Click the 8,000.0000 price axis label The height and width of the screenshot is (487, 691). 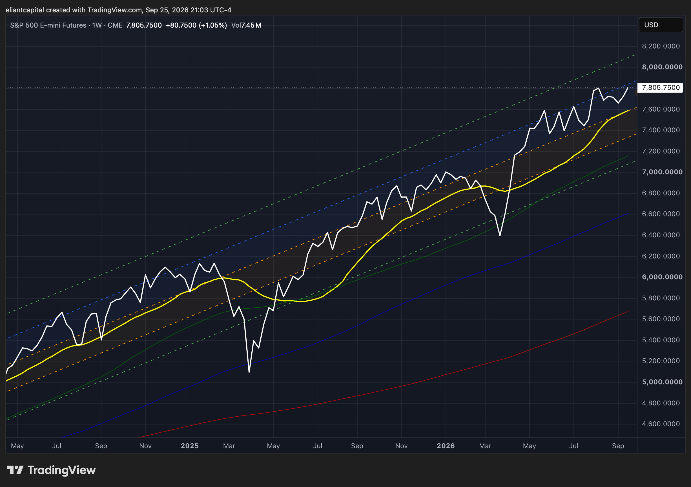pos(662,67)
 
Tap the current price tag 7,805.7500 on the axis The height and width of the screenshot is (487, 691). pos(661,88)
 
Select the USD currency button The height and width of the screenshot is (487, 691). pos(661,25)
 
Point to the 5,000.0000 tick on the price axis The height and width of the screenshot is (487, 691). pos(662,382)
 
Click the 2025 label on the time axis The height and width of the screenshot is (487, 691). pos(190,446)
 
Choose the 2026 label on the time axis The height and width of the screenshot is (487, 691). pos(446,446)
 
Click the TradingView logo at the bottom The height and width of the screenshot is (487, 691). pos(51,470)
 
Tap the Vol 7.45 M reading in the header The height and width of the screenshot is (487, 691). pos(246,25)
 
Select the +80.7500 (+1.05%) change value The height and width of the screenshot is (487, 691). pos(196,25)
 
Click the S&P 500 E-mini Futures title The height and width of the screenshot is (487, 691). pos(48,25)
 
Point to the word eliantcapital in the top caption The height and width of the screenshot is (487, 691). pos(25,10)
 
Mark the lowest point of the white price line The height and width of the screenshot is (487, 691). pos(249,372)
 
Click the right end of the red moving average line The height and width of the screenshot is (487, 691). pos(628,311)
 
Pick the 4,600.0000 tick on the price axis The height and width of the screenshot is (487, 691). pos(661,424)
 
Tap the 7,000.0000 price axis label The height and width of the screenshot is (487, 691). pos(662,172)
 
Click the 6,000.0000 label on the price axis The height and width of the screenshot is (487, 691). pos(662,277)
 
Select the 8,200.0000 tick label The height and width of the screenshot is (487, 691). pos(661,46)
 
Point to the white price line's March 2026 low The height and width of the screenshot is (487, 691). pos(500,235)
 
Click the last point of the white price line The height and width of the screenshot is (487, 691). pos(628,88)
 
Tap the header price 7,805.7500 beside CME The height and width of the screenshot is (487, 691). pos(144,25)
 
